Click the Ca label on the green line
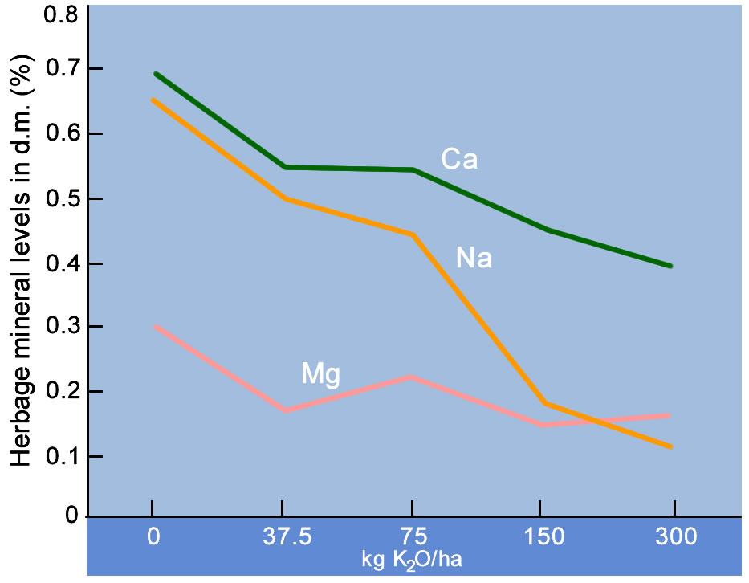459,160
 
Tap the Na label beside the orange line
474,258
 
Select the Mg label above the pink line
321,373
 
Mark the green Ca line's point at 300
670,266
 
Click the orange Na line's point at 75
412,234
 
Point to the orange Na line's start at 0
153,100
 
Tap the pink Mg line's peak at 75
412,377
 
